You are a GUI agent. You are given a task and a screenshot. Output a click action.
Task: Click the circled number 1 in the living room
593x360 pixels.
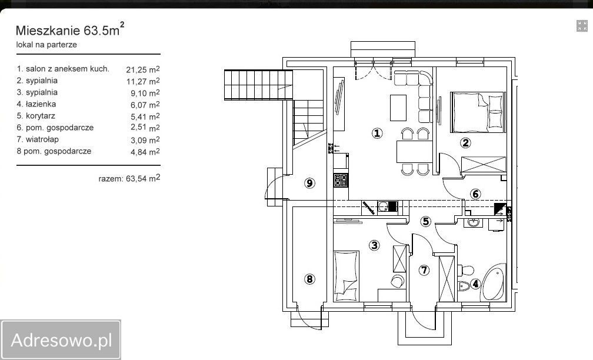tap(377, 133)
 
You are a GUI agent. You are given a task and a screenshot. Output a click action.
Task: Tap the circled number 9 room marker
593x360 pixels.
tap(309, 183)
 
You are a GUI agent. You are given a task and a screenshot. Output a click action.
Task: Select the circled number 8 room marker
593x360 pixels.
tap(309, 279)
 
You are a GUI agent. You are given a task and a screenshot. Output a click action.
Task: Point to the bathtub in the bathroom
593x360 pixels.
tap(494, 282)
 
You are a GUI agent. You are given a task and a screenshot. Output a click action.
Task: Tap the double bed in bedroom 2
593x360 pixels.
tap(477, 112)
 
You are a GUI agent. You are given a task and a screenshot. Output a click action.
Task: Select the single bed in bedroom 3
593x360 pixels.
tap(347, 276)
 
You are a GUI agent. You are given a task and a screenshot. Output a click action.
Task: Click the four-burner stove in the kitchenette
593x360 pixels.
tap(341, 179)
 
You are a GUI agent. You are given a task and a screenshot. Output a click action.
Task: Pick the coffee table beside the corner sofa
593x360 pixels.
tap(398, 108)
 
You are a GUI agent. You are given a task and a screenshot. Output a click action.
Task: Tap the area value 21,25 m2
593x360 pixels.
tap(143, 69)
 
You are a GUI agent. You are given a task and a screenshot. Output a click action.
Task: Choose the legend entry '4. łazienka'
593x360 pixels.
tap(36, 104)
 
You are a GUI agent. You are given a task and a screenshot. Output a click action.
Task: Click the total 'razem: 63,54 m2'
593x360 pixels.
tap(129, 178)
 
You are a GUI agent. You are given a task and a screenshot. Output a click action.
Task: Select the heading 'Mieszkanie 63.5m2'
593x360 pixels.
tap(70, 29)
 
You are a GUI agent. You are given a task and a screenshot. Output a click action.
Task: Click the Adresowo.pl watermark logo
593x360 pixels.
tap(61, 340)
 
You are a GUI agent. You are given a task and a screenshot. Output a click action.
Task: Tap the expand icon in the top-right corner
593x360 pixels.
tap(582, 26)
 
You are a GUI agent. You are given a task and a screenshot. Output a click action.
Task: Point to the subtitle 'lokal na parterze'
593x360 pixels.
tap(46, 45)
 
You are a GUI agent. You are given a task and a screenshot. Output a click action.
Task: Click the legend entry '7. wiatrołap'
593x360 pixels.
tap(38, 139)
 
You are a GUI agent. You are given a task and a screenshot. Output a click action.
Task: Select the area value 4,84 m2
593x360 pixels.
tap(145, 152)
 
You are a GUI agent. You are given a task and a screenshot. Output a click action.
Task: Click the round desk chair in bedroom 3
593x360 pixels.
tap(397, 281)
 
